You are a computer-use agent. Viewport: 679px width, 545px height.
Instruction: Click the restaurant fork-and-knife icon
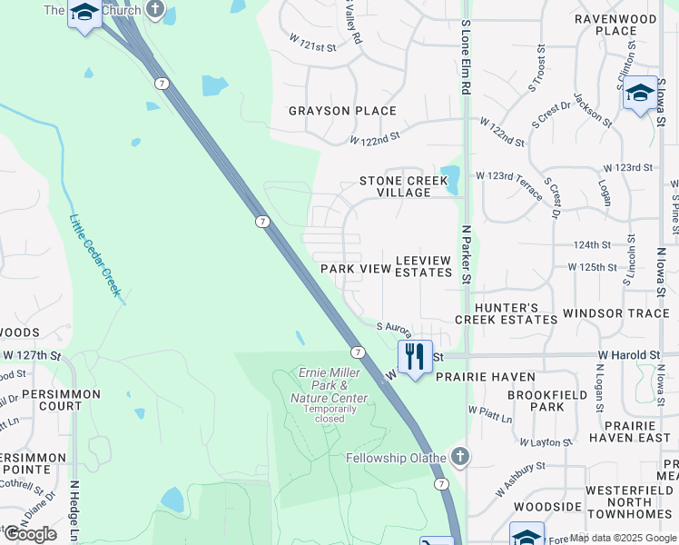click(415, 356)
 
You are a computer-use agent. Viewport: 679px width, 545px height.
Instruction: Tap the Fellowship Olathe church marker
click(460, 456)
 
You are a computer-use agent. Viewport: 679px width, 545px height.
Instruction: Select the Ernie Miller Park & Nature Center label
click(329, 386)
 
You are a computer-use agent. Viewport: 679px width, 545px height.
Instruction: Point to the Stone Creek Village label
click(404, 186)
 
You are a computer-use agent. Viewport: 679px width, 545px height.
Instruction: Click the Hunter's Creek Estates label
click(506, 313)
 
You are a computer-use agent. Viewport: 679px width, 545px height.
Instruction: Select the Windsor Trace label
click(617, 313)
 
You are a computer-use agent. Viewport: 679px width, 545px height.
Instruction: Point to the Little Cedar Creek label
click(94, 253)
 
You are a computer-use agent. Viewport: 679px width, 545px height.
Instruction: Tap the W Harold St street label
click(628, 354)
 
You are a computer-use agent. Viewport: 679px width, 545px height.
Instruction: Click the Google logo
click(30, 534)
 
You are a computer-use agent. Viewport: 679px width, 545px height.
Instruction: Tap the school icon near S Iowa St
click(640, 93)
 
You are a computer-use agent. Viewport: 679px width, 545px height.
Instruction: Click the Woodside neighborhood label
click(547, 506)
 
